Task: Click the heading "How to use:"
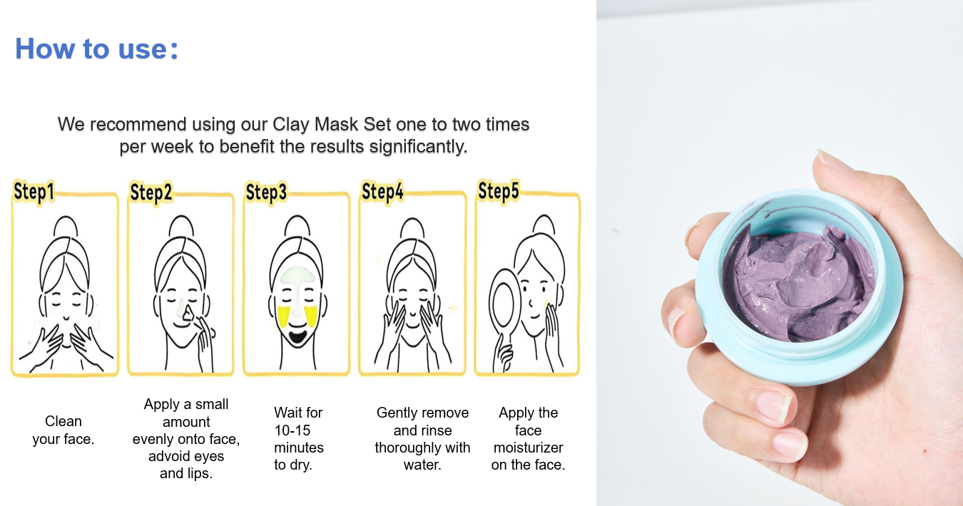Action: pyautogui.click(x=96, y=48)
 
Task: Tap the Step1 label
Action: pyautogui.click(x=34, y=192)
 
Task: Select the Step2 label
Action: pyautogui.click(x=151, y=192)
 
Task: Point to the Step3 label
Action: pyautogui.click(x=266, y=192)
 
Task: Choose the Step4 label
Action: pyautogui.click(x=382, y=192)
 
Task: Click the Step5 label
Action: pyautogui.click(x=499, y=191)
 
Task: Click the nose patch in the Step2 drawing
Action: pyautogui.click(x=187, y=312)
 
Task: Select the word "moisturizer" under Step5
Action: pyautogui.click(x=528, y=448)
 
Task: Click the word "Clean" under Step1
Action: pyautogui.click(x=63, y=421)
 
